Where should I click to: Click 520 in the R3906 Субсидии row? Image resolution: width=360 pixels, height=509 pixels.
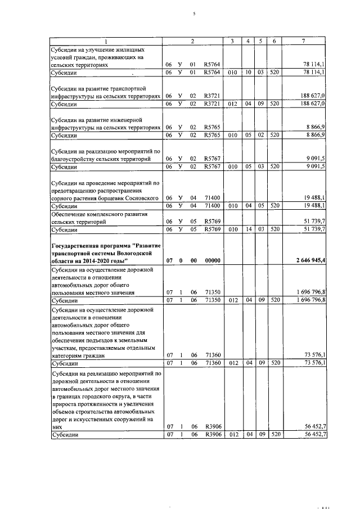click(274, 435)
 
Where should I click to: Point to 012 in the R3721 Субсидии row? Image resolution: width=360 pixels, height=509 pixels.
click(232, 104)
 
